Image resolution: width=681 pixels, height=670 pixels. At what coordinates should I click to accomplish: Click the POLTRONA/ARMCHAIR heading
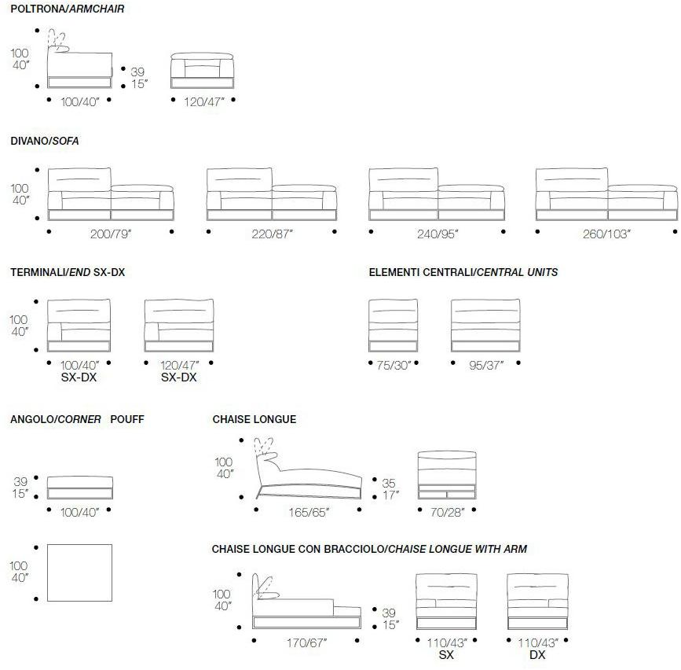click(x=68, y=9)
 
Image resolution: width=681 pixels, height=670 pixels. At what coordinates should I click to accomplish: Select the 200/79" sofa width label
click(x=111, y=234)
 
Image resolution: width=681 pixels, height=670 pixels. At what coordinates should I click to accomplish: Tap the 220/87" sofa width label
click(x=273, y=234)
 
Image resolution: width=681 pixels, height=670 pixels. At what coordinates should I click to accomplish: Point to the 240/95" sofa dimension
click(x=438, y=234)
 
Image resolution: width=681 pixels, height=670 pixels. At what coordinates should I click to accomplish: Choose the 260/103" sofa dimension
click(x=606, y=234)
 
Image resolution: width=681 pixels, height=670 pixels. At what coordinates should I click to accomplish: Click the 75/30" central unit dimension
click(x=394, y=365)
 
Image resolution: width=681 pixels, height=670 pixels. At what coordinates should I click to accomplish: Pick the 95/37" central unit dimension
click(x=486, y=365)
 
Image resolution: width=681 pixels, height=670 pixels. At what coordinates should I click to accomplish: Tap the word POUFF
click(x=127, y=420)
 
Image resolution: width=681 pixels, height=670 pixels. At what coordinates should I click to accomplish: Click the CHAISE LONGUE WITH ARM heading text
click(x=457, y=549)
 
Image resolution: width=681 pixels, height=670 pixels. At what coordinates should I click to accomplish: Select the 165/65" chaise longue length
click(x=309, y=512)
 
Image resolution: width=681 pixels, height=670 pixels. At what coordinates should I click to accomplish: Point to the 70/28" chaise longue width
click(x=448, y=512)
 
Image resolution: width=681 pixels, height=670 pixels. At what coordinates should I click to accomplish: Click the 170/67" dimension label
click(x=306, y=642)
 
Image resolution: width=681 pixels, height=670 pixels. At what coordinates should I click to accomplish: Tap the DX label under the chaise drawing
click(x=537, y=655)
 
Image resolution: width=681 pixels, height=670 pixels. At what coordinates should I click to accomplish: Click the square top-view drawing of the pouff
click(x=79, y=572)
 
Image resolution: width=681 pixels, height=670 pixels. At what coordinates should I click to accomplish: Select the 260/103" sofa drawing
click(x=606, y=194)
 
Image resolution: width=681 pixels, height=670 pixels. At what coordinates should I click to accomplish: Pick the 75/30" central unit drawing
click(x=393, y=326)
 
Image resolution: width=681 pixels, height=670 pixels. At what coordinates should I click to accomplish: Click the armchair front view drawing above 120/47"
click(x=203, y=71)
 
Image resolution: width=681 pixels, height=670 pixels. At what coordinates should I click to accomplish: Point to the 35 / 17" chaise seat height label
click(x=390, y=488)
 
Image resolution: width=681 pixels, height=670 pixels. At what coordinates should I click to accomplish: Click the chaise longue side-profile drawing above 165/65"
click(x=309, y=469)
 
